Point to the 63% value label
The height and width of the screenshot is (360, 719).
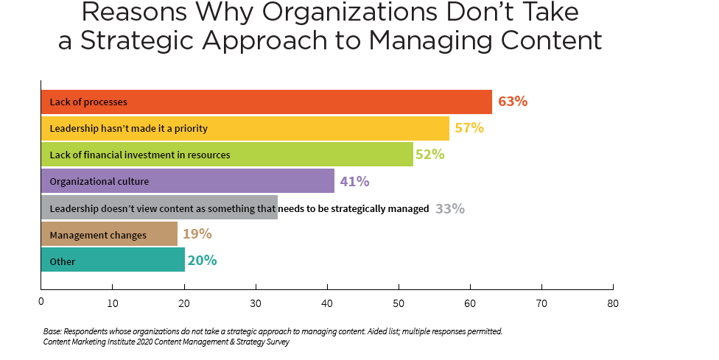[513, 102]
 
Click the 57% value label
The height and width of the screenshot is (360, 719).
[469, 128]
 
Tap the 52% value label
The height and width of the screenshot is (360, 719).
[430, 155]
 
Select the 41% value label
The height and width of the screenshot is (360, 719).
[355, 181]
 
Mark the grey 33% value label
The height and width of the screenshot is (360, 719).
[450, 208]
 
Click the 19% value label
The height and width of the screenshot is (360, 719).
[197, 234]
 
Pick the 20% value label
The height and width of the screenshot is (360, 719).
[202, 261]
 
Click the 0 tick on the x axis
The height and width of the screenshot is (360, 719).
[41, 303]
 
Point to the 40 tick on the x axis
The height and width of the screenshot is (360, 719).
[327, 303]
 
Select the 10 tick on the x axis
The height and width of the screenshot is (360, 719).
[113, 303]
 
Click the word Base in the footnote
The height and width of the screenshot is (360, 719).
[53, 331]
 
